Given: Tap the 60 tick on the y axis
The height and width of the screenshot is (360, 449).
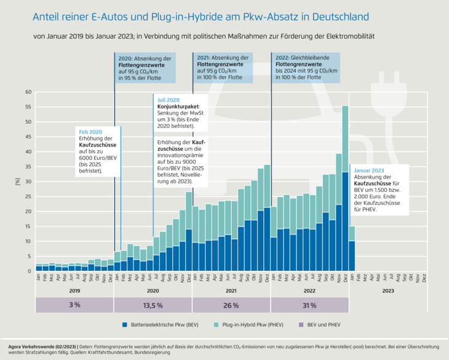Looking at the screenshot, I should [x=28, y=92].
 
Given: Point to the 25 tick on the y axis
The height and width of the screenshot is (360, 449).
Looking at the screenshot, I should [x=28, y=196].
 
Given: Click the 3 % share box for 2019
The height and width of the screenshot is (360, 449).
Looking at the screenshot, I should [x=74, y=305].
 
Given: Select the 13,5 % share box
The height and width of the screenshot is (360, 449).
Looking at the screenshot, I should [x=153, y=305].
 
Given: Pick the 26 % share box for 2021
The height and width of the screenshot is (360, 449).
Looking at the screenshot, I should [x=231, y=305].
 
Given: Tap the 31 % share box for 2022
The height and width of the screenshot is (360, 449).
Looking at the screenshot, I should [x=309, y=305].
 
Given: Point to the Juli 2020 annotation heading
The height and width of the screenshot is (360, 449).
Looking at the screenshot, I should [x=169, y=100].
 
